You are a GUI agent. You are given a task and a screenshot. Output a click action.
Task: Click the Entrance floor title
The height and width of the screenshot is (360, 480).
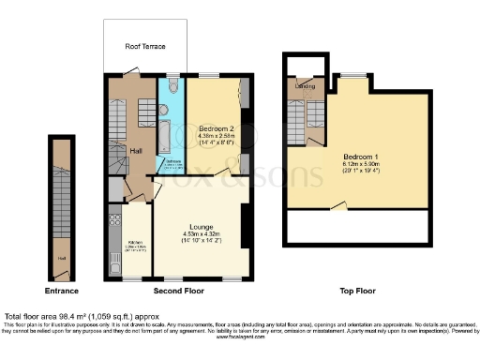click(62, 292)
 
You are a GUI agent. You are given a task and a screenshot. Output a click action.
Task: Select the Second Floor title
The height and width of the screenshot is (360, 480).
click(179, 292)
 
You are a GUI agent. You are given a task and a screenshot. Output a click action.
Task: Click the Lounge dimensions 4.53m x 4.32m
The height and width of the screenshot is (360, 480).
click(200, 234)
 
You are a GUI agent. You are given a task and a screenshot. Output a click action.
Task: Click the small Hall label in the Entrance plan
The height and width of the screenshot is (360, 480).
click(63, 259)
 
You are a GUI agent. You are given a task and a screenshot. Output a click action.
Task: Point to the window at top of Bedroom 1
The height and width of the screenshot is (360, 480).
click(352, 75)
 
